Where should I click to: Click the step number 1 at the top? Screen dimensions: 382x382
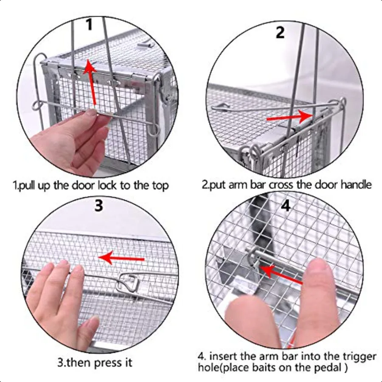(x=89, y=24)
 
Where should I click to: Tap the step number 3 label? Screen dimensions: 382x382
(x=98, y=205)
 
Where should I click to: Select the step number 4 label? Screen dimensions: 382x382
(x=286, y=205)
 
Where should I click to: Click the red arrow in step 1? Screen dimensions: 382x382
(x=91, y=83)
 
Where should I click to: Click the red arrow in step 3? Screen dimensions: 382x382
(x=121, y=258)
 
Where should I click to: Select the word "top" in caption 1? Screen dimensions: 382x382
(x=160, y=185)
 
